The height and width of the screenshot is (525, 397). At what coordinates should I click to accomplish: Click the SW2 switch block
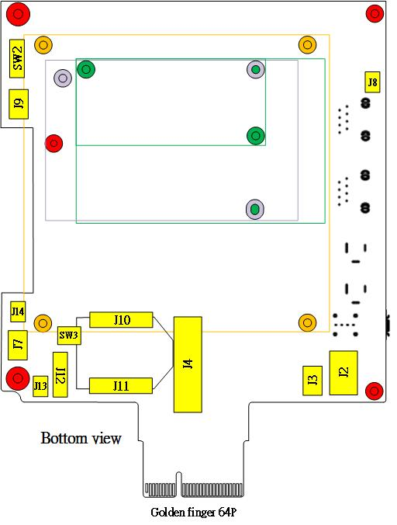pyautogui.click(x=17, y=58)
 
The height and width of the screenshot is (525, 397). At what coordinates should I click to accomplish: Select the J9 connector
pyautogui.click(x=19, y=104)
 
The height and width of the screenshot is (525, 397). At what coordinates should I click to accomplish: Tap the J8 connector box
pyautogui.click(x=372, y=82)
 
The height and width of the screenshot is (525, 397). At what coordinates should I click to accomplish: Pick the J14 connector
pyautogui.click(x=18, y=311)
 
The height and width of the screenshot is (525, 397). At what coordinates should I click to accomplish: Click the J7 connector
pyautogui.click(x=18, y=345)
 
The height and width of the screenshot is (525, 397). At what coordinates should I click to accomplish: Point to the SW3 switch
pyautogui.click(x=69, y=336)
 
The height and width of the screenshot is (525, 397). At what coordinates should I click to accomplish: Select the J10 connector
pyautogui.click(x=121, y=320)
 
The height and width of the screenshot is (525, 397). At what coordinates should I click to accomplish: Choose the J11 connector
pyautogui.click(x=121, y=386)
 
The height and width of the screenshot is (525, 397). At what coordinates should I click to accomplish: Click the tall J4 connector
pyautogui.click(x=188, y=364)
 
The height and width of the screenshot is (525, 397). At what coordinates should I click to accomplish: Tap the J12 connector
pyautogui.click(x=60, y=374)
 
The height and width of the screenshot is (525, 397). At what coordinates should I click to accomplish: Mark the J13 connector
pyautogui.click(x=40, y=386)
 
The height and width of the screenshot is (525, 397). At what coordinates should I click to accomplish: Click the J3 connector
pyautogui.click(x=312, y=381)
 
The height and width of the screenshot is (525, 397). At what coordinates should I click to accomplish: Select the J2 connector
pyautogui.click(x=343, y=373)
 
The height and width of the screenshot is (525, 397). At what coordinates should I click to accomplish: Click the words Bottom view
pyautogui.click(x=81, y=438)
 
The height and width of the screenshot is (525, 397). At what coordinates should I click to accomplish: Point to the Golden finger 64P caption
pyautogui.click(x=194, y=513)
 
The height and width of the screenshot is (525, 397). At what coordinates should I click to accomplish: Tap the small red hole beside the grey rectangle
pyautogui.click(x=54, y=144)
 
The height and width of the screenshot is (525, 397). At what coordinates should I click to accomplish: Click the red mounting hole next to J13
pyautogui.click(x=18, y=378)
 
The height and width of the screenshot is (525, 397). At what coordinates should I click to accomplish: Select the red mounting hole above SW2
pyautogui.click(x=18, y=14)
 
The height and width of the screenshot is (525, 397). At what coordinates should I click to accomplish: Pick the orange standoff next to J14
pyautogui.click(x=43, y=323)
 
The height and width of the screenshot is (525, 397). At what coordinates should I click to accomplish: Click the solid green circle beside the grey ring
pyautogui.click(x=86, y=69)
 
